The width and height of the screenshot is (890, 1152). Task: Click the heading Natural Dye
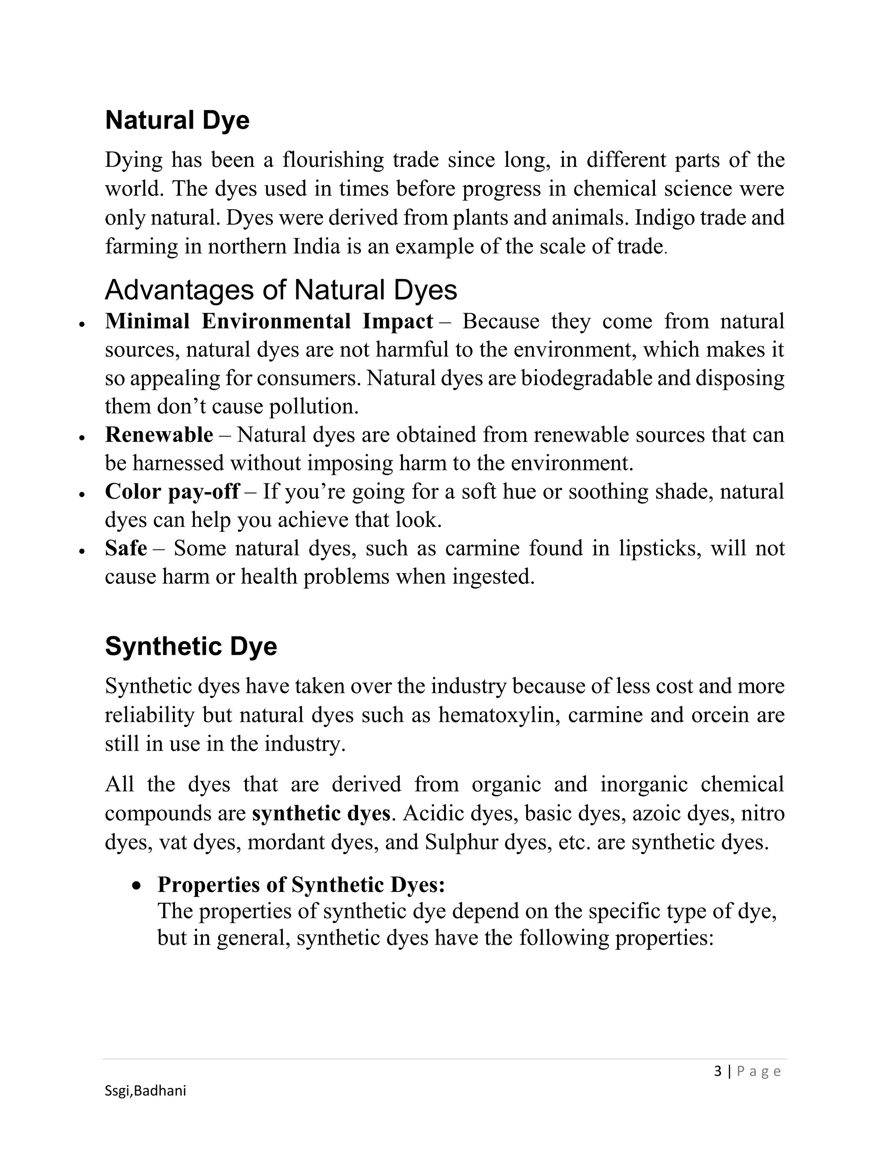(x=177, y=120)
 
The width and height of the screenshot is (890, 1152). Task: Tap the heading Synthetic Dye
(x=190, y=646)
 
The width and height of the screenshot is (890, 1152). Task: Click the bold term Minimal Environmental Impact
(x=269, y=321)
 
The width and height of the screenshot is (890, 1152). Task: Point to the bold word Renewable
(x=159, y=435)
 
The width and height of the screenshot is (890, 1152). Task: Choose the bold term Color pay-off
(x=172, y=492)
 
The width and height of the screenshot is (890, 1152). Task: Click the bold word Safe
(x=126, y=548)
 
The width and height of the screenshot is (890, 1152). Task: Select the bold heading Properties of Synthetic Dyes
(x=301, y=885)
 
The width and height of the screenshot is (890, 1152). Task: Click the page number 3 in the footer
(x=717, y=1071)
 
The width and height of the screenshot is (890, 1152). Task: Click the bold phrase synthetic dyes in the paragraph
(x=321, y=813)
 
